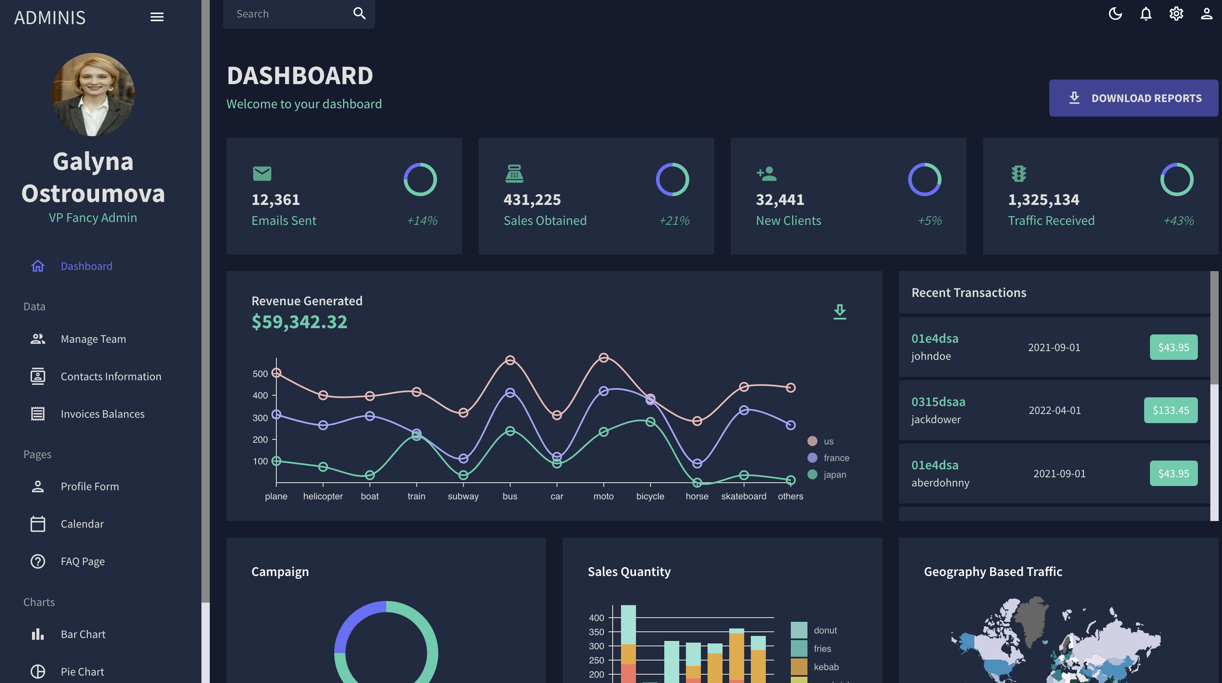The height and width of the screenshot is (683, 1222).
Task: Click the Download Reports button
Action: click(1133, 98)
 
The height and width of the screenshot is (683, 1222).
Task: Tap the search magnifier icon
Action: click(360, 13)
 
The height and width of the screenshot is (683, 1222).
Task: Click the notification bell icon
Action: click(1145, 13)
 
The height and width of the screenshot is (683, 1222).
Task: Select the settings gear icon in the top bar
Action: click(1176, 13)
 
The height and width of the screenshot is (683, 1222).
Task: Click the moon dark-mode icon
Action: click(1115, 13)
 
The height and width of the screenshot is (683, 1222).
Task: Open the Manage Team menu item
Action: click(93, 339)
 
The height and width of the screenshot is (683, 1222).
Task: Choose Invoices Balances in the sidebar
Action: click(102, 414)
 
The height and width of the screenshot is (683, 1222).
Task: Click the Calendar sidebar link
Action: click(82, 523)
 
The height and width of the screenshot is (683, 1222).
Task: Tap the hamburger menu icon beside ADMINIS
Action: click(157, 17)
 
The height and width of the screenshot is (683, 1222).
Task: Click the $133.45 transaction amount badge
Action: click(1170, 410)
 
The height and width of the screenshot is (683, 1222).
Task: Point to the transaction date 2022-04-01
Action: click(1055, 410)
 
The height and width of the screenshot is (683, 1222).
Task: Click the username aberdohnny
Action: click(940, 483)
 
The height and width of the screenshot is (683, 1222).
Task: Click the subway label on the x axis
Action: click(463, 496)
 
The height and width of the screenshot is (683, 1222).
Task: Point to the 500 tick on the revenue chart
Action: click(260, 374)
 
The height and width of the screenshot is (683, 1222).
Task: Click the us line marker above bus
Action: click(510, 360)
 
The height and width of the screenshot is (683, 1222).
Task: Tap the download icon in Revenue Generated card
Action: click(840, 312)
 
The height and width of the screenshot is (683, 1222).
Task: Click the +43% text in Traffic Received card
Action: click(1178, 220)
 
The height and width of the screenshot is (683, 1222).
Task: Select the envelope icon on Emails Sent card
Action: click(262, 173)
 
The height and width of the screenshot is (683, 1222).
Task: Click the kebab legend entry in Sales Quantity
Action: click(826, 667)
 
